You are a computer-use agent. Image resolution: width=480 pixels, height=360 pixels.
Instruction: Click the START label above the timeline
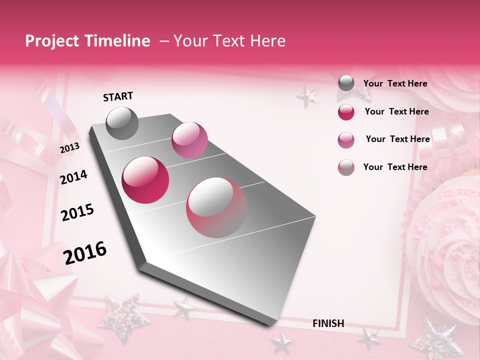coord(118,96)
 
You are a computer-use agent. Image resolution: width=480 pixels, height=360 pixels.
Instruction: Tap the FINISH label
coord(328,323)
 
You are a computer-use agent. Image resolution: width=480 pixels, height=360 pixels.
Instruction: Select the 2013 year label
coord(69,148)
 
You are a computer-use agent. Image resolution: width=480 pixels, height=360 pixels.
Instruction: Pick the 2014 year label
coord(74,177)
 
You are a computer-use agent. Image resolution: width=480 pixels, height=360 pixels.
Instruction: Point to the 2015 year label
coord(77,212)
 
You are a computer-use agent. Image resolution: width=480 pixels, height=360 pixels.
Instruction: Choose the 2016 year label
coord(85,252)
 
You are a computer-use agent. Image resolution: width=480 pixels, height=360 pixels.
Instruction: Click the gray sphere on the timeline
coord(122,123)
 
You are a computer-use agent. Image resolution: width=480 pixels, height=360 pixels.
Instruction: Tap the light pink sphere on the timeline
coord(189,139)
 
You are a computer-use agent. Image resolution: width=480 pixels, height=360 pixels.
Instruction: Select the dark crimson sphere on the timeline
coord(145,180)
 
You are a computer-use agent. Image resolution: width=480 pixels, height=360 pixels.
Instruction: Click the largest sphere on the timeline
coord(216,207)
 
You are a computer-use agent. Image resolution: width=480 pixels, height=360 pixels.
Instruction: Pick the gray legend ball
coord(346,83)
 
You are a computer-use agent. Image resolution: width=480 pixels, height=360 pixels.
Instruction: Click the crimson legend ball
coord(346,112)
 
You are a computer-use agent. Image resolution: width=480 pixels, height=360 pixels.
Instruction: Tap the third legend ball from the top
coord(346,140)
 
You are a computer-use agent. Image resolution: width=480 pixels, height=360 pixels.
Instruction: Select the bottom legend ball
coord(346,167)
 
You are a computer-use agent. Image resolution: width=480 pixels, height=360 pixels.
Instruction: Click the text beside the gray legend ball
coord(395,83)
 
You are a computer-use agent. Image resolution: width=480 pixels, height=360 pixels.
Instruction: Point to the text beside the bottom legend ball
coord(395,167)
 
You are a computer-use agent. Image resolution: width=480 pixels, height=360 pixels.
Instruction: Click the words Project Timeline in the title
coord(87,41)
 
